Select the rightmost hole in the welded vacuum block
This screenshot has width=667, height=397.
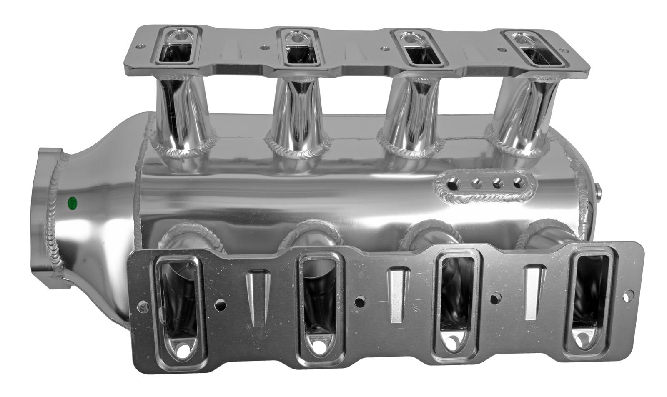click(x=518, y=182)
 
